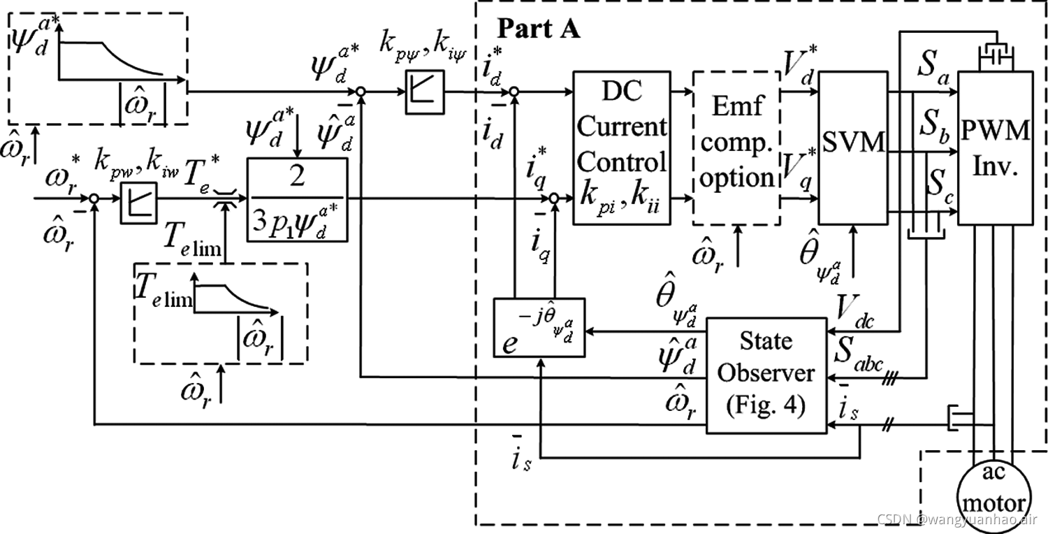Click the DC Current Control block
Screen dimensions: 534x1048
click(620, 147)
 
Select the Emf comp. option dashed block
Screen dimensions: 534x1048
click(736, 147)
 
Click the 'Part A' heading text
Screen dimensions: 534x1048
click(537, 30)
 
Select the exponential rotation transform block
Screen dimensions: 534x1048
click(539, 328)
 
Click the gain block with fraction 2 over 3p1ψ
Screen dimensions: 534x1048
click(297, 199)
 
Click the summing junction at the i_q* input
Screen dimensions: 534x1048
click(553, 199)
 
